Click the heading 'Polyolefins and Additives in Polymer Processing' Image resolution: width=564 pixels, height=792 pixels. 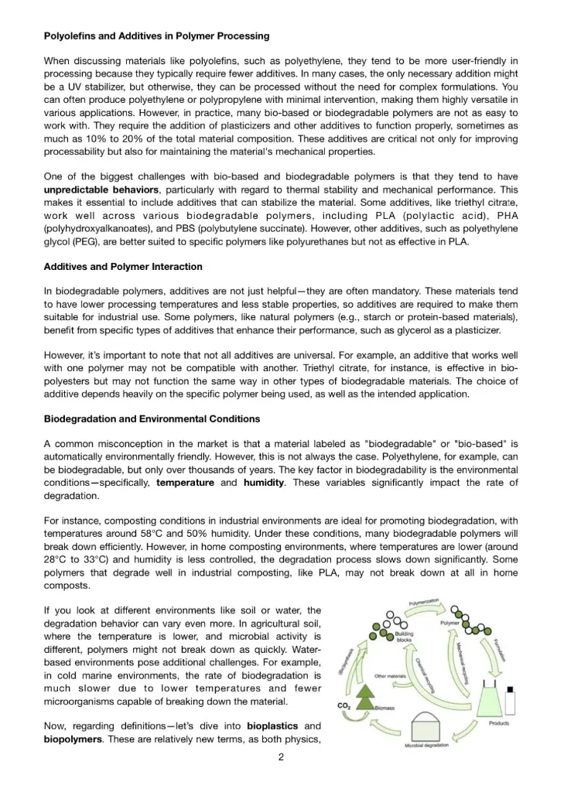tap(156, 36)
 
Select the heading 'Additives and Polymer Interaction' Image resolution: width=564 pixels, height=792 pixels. tap(123, 267)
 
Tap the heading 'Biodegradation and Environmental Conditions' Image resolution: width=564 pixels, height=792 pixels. tap(152, 419)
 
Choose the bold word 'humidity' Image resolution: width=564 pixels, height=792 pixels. tap(265, 483)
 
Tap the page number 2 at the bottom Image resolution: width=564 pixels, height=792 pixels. tap(281, 758)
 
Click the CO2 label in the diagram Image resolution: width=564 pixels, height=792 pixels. tap(344, 705)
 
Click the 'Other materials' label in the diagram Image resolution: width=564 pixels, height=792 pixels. tap(391, 676)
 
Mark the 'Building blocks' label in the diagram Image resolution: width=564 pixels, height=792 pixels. tap(404, 637)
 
